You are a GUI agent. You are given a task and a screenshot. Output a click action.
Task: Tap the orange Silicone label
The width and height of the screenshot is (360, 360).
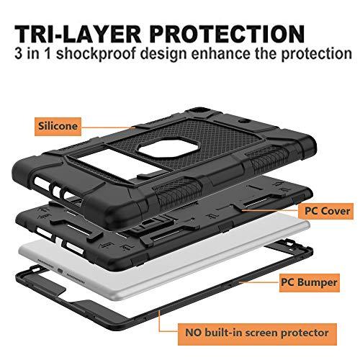58,127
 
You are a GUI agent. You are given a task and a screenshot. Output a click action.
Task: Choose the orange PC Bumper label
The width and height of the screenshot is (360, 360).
309,282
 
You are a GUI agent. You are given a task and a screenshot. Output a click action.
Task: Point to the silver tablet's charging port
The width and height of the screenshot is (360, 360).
60,271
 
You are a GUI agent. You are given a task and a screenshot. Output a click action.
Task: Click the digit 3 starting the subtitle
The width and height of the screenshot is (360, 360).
18,53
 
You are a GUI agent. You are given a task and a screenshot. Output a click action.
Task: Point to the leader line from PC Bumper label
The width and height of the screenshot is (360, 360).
259,282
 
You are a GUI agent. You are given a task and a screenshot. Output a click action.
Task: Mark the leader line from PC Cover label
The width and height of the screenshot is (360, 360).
270,210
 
